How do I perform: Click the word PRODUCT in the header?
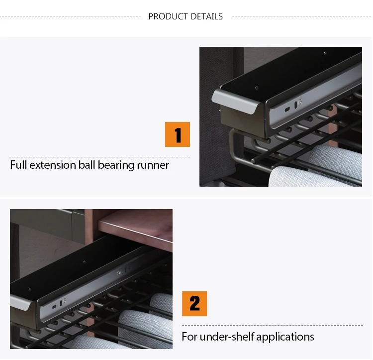(168, 16)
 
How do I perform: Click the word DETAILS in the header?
(207, 16)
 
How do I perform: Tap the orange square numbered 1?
(178, 134)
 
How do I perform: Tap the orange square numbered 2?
(194, 304)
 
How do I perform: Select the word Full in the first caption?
(18, 165)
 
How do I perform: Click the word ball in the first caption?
(87, 165)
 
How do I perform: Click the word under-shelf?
(227, 337)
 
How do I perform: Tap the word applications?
(285, 337)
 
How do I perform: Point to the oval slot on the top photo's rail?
(287, 109)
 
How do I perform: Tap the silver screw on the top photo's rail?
(300, 102)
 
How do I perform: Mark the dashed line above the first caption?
(99, 157)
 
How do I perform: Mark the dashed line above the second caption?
(272, 325)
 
